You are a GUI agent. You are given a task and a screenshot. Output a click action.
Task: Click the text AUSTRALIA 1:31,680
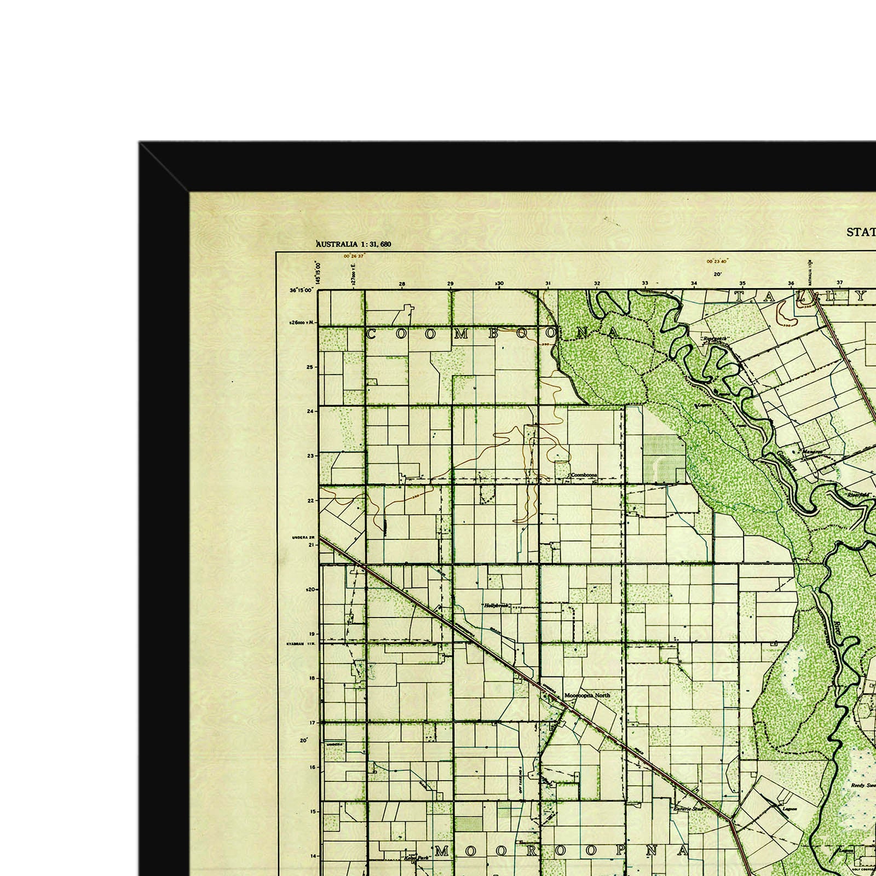click(x=353, y=244)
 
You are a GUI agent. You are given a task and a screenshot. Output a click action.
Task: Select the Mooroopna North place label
click(x=586, y=695)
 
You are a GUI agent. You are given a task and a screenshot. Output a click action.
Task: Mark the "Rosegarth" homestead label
click(x=715, y=339)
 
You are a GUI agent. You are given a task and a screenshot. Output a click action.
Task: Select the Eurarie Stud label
click(x=687, y=807)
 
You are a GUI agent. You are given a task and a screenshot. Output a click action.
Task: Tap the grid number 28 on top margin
click(x=402, y=284)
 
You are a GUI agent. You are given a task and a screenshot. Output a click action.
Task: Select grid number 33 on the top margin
click(x=646, y=283)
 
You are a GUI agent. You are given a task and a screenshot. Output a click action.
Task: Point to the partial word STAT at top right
click(x=861, y=232)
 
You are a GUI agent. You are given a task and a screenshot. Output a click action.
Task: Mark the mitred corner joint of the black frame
click(x=164, y=167)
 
